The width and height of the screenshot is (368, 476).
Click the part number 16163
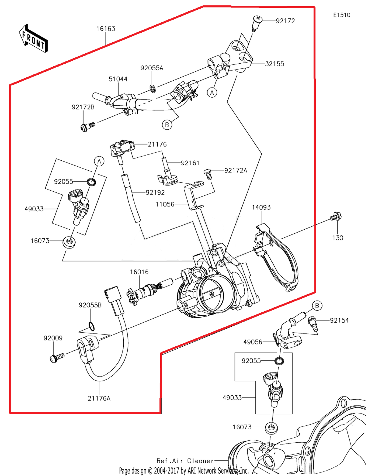point(106,29)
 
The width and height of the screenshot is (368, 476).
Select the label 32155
point(274,64)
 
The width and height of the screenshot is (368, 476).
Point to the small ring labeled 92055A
point(153,89)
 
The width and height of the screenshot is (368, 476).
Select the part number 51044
point(118,79)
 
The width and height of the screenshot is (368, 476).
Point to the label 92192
point(155,192)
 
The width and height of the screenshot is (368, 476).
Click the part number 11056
point(165,204)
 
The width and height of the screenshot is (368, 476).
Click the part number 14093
point(261,207)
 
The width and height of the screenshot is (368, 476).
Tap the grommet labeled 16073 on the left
point(69,242)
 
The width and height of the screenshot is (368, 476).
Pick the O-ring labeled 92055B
point(92,326)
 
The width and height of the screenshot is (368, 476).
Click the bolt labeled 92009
point(57,358)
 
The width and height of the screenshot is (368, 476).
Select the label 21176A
point(99,398)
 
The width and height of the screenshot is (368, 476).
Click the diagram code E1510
point(342,15)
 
